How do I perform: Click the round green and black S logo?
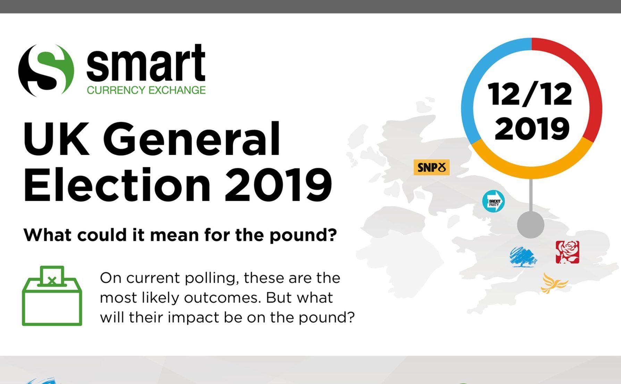coord(46,70)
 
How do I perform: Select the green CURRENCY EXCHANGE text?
coord(146,90)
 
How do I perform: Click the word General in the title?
coord(192,139)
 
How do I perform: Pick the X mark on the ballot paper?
coord(52,280)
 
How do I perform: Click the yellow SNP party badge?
coord(431,167)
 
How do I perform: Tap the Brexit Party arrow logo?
coord(494,201)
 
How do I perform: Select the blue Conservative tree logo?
coord(523,257)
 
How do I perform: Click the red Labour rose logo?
coord(567,252)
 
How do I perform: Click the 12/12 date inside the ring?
coord(530,94)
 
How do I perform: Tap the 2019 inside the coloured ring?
coord(532,128)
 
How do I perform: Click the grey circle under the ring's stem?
coord(530,224)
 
